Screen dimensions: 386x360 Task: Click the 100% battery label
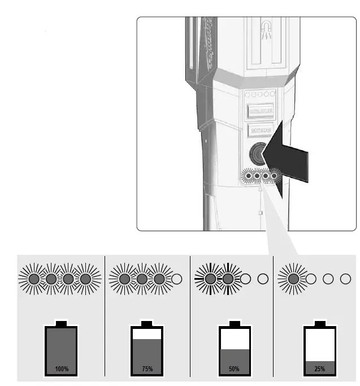(x=62, y=368)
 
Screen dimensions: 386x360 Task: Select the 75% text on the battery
(x=148, y=368)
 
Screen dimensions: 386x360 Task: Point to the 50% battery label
(x=233, y=368)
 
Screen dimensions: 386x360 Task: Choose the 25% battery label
(x=319, y=368)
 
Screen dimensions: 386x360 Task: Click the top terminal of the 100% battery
(x=61, y=323)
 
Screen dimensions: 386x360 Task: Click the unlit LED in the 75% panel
(x=176, y=279)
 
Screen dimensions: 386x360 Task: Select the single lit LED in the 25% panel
(x=293, y=279)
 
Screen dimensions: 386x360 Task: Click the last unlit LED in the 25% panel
(x=346, y=279)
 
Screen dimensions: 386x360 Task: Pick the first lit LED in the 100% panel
(x=33, y=279)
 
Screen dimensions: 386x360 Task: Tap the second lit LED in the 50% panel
(x=228, y=279)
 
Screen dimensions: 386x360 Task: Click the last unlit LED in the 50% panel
(x=262, y=279)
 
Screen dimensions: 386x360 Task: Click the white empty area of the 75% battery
(x=148, y=334)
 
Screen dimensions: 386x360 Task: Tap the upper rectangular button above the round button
(x=260, y=111)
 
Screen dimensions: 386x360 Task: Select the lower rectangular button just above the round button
(x=261, y=131)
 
